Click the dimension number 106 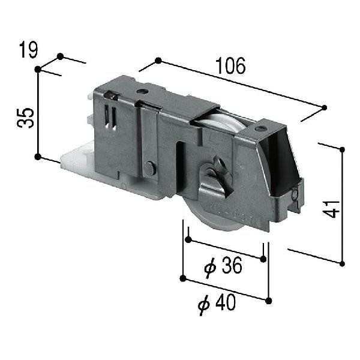click(232, 67)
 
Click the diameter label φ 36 click(223, 267)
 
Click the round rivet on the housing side click(150, 170)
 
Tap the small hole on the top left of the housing click(142, 92)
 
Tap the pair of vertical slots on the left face click(109, 116)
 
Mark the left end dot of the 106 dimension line click(158, 61)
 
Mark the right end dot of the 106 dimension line click(325, 107)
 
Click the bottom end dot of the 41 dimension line click(342, 263)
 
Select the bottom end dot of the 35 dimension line click(38, 157)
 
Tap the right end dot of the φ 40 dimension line click(268, 300)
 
